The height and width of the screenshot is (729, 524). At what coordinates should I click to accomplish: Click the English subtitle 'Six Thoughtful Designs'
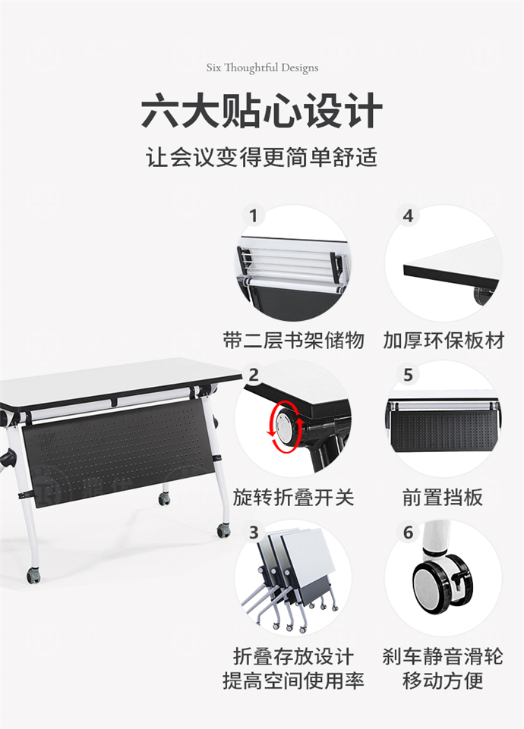262,68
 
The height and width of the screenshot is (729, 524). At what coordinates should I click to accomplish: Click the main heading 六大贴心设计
262,112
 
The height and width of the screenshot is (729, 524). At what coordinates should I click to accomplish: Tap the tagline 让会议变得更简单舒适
262,159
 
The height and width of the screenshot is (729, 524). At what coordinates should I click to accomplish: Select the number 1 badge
254,216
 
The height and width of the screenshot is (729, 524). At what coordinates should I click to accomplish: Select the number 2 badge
254,374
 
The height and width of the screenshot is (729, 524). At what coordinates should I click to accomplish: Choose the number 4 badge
409,216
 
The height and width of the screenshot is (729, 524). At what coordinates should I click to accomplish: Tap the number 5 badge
409,374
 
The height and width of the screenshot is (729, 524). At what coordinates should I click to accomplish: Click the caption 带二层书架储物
293,340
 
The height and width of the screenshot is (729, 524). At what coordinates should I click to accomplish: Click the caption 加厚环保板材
444,340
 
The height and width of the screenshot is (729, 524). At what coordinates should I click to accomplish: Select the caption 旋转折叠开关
293,498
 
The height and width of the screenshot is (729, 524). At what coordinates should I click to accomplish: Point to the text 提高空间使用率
293,680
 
